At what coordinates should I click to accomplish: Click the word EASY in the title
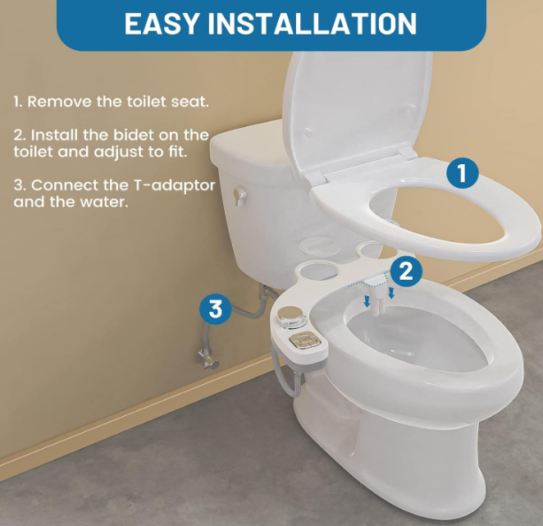coord(161,23)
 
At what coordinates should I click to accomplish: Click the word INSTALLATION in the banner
coord(312,23)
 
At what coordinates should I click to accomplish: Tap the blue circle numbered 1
coord(462,173)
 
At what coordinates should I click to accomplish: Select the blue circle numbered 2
coord(406,271)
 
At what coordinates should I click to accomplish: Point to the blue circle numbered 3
coord(216,308)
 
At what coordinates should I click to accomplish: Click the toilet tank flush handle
coord(240,196)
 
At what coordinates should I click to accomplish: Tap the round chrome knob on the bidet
coord(291,314)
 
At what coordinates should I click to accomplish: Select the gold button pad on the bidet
coord(305,341)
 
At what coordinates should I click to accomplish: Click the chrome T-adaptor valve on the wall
coord(207,359)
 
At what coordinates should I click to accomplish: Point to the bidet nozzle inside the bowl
coord(376,301)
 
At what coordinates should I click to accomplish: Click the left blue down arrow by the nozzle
coord(367,301)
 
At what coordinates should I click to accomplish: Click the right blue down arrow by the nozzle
coord(391,292)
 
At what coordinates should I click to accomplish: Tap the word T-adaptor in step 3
coord(174,185)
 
